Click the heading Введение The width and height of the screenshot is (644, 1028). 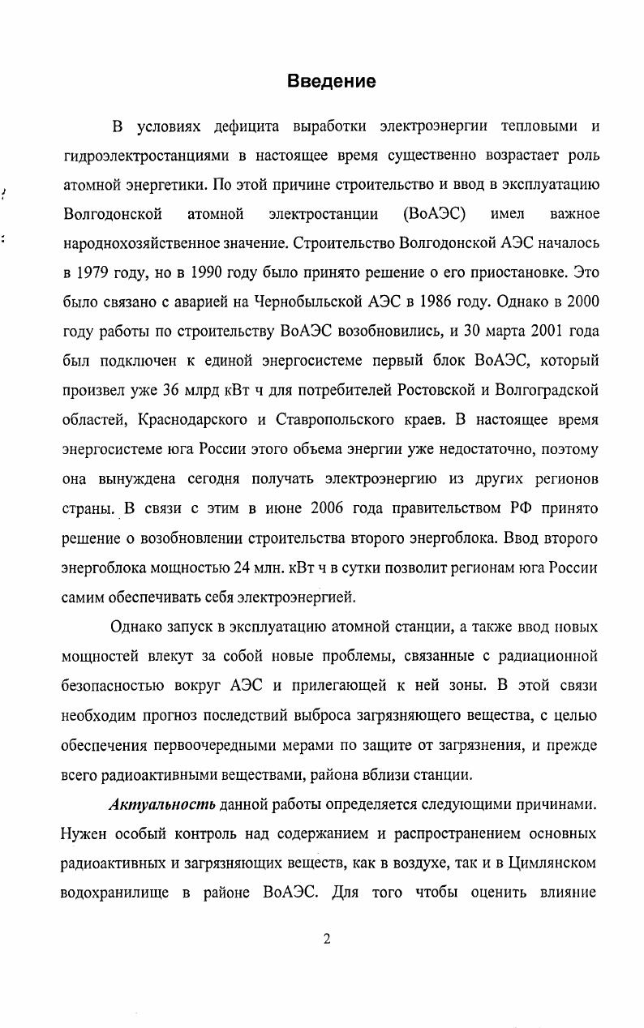pos(332,81)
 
